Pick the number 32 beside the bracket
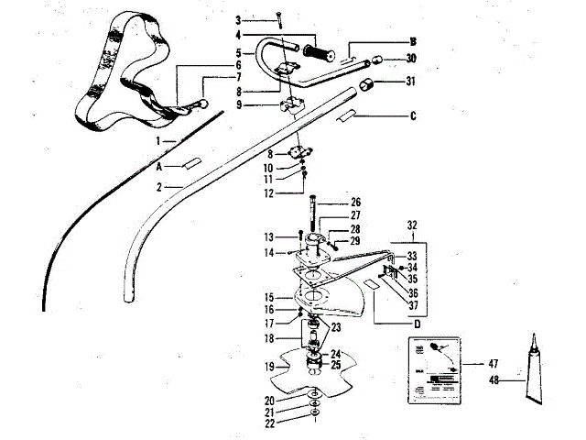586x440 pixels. tap(412, 223)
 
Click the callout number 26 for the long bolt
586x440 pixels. tap(357, 203)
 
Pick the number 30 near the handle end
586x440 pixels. tap(411, 59)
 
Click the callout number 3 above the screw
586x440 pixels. tap(237, 19)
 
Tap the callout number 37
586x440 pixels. tap(412, 305)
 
